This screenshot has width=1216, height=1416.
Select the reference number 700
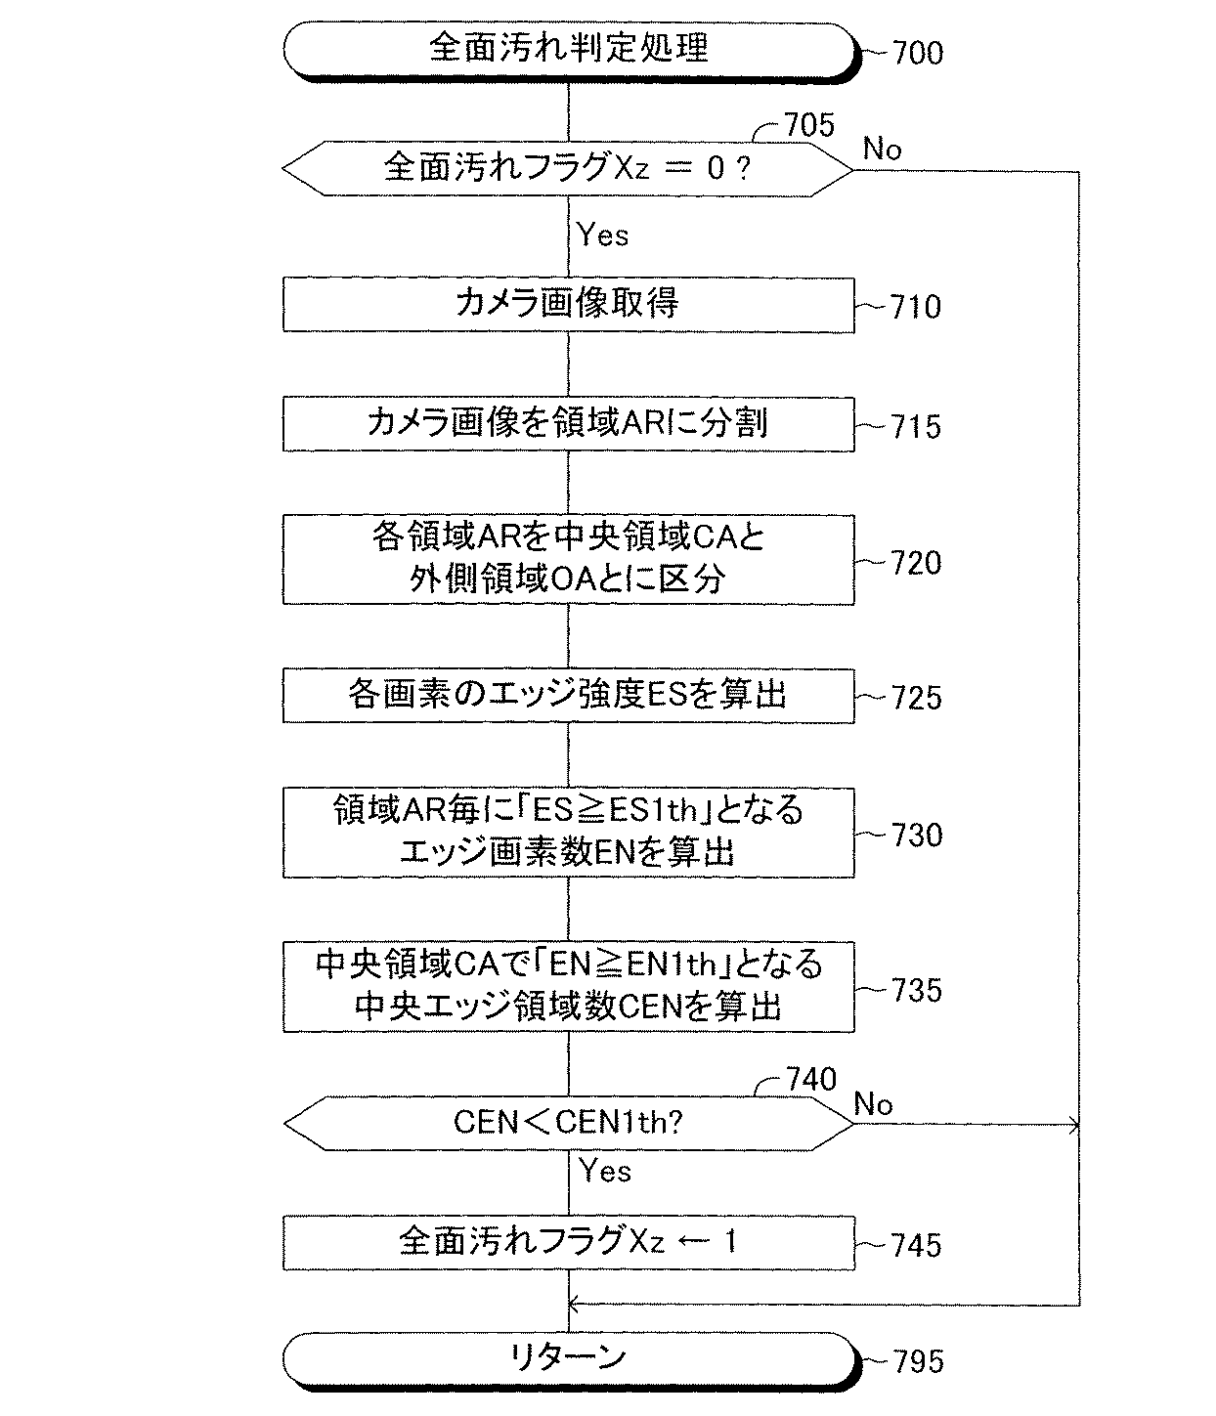click(x=917, y=53)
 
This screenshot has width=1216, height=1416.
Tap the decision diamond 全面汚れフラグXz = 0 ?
click(x=568, y=168)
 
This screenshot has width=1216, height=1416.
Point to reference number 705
click(x=809, y=125)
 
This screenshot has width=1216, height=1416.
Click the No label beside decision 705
click(x=882, y=149)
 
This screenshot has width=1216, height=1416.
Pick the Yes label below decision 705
click(x=602, y=235)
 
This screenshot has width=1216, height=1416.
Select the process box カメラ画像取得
click(x=569, y=305)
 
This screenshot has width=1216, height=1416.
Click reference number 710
click(x=915, y=307)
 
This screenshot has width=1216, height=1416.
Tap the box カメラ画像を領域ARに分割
click(x=569, y=424)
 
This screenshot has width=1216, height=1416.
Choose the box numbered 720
click(x=569, y=560)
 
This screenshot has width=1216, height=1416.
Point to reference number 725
click(x=916, y=698)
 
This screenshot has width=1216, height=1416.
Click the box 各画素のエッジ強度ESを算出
click(x=569, y=696)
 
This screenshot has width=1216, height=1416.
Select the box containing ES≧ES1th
click(x=569, y=833)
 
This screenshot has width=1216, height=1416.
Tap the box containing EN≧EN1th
click(x=569, y=986)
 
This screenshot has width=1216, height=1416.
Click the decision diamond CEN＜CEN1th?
click(x=569, y=1123)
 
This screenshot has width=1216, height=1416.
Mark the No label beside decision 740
click(x=873, y=1104)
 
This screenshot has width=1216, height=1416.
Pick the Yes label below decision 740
click(x=605, y=1171)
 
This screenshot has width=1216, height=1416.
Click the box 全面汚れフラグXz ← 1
click(x=569, y=1243)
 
